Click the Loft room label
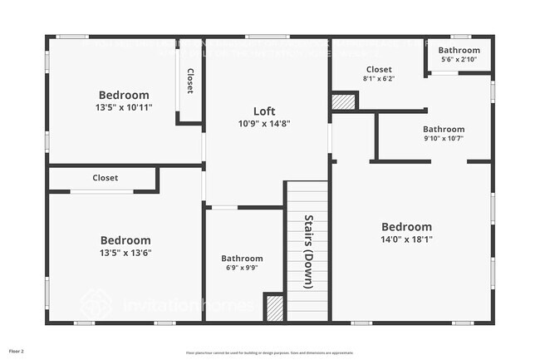[x=264, y=111]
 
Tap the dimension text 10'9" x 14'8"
[x=264, y=124]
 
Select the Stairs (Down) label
[x=307, y=251]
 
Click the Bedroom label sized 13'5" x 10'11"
[x=124, y=95]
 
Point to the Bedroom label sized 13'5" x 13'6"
[x=125, y=240]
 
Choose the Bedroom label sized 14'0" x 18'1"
[x=406, y=227]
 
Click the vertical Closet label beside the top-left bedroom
[x=189, y=81]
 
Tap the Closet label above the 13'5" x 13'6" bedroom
[x=106, y=178]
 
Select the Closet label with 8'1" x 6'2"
[x=378, y=70]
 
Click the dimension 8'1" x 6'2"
[x=378, y=79]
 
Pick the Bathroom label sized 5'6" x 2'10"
[x=459, y=51]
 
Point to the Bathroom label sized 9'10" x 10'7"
[x=444, y=129]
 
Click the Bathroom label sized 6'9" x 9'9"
[x=242, y=259]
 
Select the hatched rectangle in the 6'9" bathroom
[x=274, y=308]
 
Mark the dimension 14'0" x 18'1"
[x=406, y=239]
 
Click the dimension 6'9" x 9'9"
[x=242, y=269]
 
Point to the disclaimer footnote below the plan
[x=269, y=353]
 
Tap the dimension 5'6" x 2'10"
[x=459, y=60]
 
